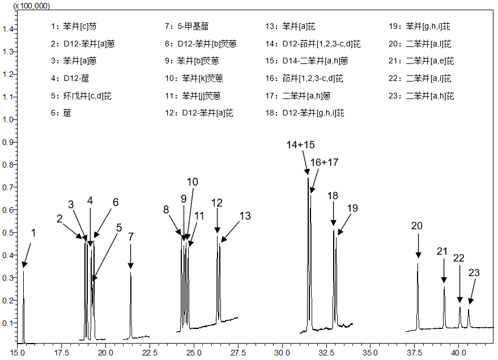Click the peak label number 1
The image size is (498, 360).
click(x=33, y=233)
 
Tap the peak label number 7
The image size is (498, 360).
click(x=131, y=237)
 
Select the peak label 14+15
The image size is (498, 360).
click(x=300, y=145)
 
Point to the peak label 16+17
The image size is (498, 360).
click(x=324, y=162)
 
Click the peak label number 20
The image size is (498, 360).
click(x=417, y=226)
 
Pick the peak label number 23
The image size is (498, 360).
click(x=474, y=272)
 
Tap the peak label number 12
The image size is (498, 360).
click(x=217, y=203)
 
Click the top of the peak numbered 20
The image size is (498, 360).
click(x=418, y=263)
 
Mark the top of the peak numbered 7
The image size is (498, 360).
click(x=131, y=273)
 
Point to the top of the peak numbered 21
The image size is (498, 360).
click(x=444, y=287)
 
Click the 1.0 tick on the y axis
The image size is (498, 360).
click(x=9, y=119)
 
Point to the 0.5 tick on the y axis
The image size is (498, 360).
click(x=9, y=233)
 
